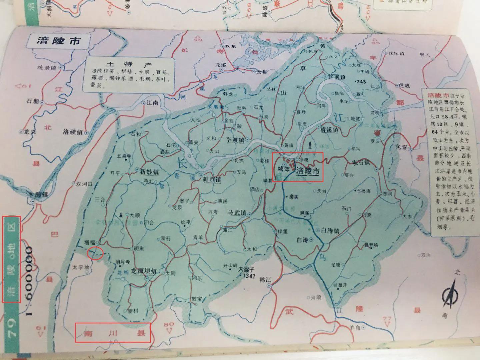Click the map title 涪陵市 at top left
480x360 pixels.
point(59,41)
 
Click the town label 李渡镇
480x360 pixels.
point(235,140)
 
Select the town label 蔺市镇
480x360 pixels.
point(212,179)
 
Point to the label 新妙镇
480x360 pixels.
point(149,172)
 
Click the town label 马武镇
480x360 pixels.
point(237,213)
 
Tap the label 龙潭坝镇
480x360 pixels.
point(144,271)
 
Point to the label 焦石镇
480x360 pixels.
point(361,163)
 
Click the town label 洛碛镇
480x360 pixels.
point(72,132)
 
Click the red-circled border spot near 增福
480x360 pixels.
point(95,253)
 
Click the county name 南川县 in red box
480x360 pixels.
point(112,332)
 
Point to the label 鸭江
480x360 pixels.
point(265,280)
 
